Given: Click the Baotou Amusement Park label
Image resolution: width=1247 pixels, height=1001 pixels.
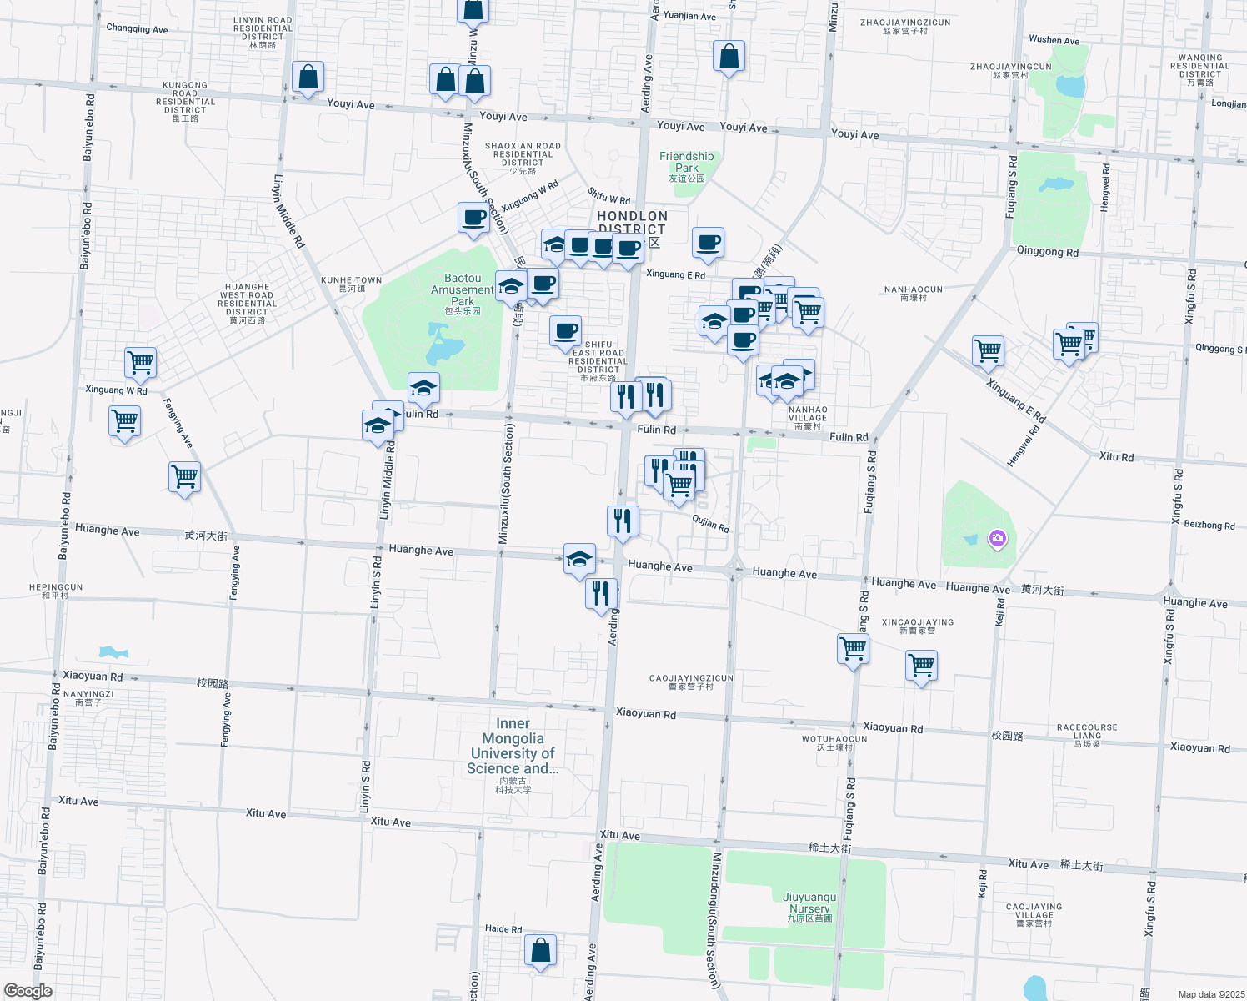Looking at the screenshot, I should click(x=463, y=290).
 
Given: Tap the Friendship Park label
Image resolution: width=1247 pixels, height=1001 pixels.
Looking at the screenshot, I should click(x=686, y=163).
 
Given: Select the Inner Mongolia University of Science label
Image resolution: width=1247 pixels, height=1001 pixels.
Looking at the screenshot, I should click(x=513, y=747).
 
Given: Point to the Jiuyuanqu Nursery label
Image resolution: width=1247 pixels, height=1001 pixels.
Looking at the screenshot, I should click(x=809, y=903).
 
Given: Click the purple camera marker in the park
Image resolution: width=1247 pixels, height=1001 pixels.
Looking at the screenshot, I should click(x=997, y=539).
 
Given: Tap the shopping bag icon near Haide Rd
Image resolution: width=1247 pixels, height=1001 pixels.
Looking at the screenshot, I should click(x=540, y=950).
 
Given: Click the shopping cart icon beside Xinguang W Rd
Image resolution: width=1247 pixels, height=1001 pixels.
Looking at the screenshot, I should click(x=140, y=363).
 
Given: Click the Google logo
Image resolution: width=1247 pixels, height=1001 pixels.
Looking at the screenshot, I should click(x=28, y=991).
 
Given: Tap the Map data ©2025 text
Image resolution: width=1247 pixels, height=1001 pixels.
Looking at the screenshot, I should click(x=1211, y=994).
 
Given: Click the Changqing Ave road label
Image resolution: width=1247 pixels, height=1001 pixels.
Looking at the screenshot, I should click(x=137, y=29).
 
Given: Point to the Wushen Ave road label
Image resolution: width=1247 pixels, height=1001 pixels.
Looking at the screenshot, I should click(x=1054, y=39).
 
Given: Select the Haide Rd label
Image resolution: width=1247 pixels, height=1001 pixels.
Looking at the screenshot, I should click(x=503, y=928).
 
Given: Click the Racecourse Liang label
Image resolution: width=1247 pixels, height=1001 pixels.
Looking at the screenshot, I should click(x=1087, y=732).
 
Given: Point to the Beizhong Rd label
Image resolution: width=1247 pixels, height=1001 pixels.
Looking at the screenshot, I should click(x=1209, y=525).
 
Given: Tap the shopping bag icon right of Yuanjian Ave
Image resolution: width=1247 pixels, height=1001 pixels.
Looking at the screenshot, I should click(x=729, y=57).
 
